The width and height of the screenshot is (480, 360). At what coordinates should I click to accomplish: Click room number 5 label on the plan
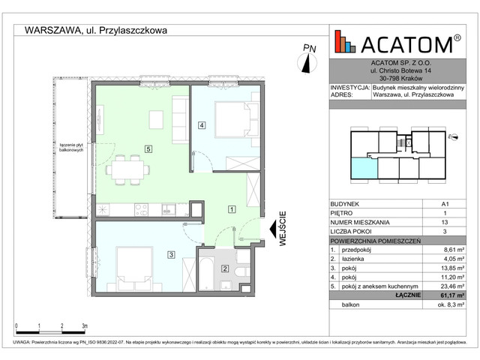coord(149,148)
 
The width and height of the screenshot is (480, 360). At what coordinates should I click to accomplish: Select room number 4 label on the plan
coord(201,125)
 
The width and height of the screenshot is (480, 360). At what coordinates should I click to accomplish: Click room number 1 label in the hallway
coord(232,209)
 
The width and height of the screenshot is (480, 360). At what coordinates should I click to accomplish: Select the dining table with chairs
coord(125,169)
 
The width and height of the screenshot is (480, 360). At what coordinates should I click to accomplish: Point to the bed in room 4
coord(235,118)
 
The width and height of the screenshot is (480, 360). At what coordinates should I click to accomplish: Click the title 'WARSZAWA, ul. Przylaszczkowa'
coord(96,31)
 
